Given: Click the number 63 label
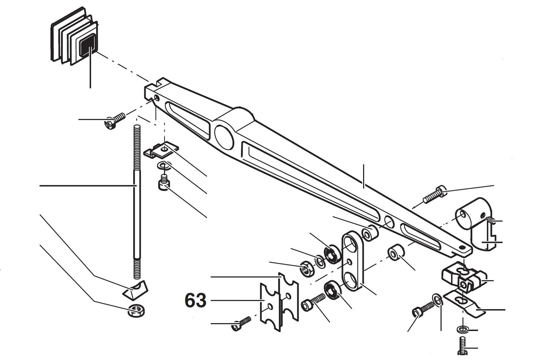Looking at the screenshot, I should [195, 301].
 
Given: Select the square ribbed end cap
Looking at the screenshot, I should [74, 39].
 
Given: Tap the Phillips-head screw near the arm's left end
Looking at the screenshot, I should [114, 121].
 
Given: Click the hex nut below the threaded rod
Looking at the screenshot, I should [136, 311].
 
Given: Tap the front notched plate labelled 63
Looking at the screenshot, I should [269, 306].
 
